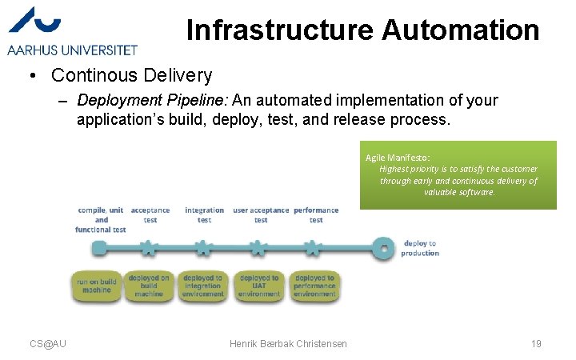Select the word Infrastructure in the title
(280, 30)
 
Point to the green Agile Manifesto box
(458, 175)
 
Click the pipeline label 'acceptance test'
(150, 215)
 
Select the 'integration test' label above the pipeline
(204, 215)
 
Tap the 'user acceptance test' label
(261, 215)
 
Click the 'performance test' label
(316, 215)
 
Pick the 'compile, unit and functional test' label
(101, 220)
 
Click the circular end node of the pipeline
(385, 249)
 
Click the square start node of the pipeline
(98, 249)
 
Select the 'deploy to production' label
(420, 248)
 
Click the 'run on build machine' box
(97, 286)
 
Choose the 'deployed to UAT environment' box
(259, 286)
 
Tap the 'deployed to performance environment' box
(314, 286)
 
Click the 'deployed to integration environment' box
(203, 286)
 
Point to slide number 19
(536, 344)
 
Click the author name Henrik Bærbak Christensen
(288, 344)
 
